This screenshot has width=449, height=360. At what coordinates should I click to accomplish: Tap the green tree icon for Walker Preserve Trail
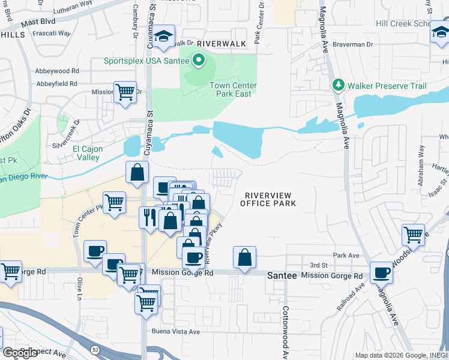pyautogui.click(x=339, y=86)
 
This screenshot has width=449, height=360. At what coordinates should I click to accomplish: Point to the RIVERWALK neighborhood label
pyautogui.click(x=221, y=44)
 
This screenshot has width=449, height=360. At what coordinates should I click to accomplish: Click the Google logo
pyautogui.click(x=20, y=353)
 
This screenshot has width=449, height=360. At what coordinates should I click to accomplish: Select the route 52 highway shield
pyautogui.click(x=95, y=349)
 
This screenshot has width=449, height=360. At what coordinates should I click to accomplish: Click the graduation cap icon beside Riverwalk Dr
pyautogui.click(x=163, y=37)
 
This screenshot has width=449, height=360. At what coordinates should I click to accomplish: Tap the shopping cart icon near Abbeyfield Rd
pyautogui.click(x=125, y=92)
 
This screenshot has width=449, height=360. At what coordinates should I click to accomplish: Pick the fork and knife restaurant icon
pyautogui.click(x=148, y=216)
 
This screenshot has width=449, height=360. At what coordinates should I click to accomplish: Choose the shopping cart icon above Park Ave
pyautogui.click(x=413, y=234)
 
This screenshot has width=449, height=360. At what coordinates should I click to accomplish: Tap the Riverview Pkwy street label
pyautogui.click(x=212, y=244)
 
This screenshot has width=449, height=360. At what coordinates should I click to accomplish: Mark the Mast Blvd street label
pyautogui.click(x=38, y=22)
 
